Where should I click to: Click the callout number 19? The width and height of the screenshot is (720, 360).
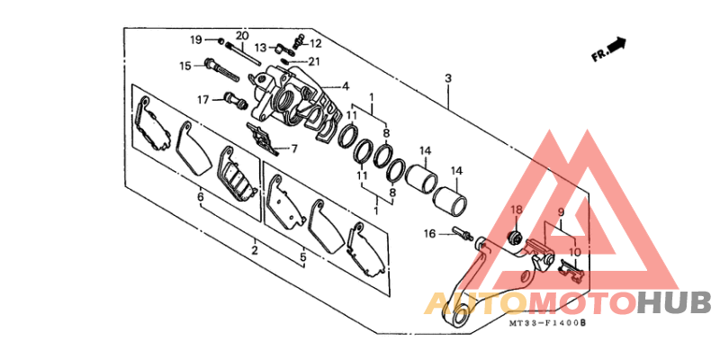[x=196, y=40]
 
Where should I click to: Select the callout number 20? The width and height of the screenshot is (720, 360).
[x=242, y=35]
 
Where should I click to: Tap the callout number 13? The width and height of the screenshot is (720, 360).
[x=260, y=48]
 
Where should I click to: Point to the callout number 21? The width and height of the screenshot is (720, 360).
[x=314, y=61]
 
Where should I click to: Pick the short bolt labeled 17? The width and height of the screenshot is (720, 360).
[x=236, y=101]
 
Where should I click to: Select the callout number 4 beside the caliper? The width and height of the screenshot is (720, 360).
[x=345, y=85]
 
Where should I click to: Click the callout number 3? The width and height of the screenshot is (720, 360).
[x=448, y=78]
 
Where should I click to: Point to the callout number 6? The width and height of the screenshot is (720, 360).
[x=200, y=197]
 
